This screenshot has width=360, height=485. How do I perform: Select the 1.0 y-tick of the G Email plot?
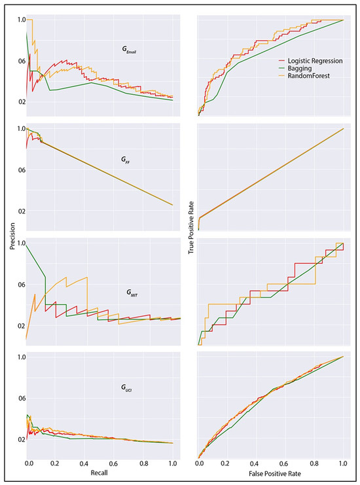(x=21, y=20)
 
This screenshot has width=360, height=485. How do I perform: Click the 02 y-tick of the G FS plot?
(x=21, y=211)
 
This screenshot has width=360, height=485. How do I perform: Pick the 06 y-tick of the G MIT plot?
(x=21, y=284)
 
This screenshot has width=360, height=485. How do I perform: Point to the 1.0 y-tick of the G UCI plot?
(x=21, y=357)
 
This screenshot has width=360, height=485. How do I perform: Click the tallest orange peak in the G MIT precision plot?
(x=86, y=277)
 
